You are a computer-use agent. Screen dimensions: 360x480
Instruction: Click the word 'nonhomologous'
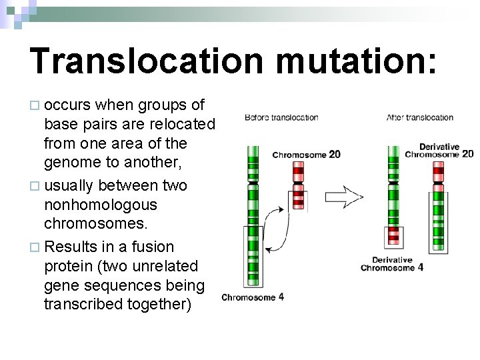coord(100,205)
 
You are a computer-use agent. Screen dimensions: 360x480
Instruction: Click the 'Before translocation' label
coord(281,117)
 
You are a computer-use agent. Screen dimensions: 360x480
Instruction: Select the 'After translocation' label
coord(420,117)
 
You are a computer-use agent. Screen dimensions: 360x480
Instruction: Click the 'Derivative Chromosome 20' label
coord(439,151)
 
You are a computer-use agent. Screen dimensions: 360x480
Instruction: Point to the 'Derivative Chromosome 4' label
coord(392,264)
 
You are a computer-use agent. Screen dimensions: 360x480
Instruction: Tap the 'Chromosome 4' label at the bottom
coord(253,297)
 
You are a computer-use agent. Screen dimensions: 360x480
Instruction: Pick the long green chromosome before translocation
coord(253,213)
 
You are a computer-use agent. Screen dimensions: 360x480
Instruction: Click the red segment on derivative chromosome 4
coord(394,235)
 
